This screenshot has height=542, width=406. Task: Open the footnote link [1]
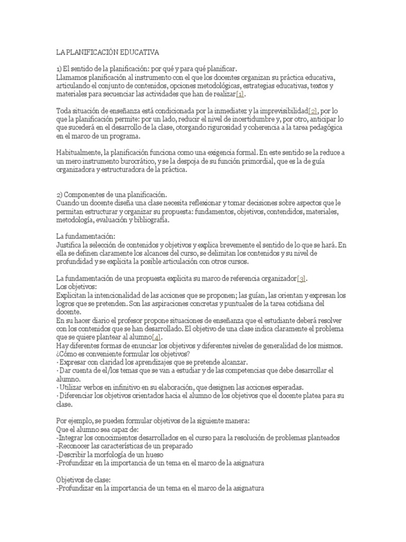pyautogui.click(x=241, y=94)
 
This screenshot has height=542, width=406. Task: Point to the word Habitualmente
pyautogui.click(x=79, y=152)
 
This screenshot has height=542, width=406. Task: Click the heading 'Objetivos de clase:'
pyautogui.click(x=83, y=480)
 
